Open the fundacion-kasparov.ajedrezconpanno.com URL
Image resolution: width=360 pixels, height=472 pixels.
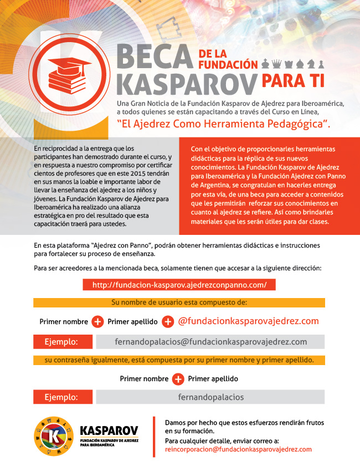click(x=179, y=285)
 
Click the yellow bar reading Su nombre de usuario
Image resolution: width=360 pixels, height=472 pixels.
click(x=179, y=303)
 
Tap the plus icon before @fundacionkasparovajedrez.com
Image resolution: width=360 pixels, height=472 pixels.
click(x=168, y=322)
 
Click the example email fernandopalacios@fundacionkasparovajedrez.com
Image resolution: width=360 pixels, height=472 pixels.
click(x=210, y=342)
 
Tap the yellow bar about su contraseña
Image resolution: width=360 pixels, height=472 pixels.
click(x=179, y=360)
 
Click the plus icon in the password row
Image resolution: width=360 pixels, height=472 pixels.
click(x=178, y=379)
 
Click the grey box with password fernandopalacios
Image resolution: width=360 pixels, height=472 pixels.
click(x=210, y=397)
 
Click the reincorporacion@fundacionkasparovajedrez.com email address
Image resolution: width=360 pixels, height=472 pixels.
click(x=238, y=450)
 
